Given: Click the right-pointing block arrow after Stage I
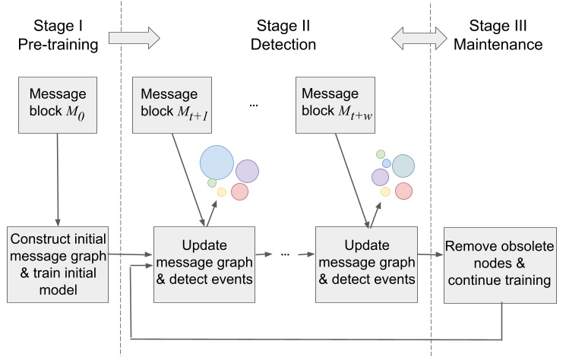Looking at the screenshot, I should click(x=134, y=35).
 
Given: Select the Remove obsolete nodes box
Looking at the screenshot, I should click(x=500, y=264).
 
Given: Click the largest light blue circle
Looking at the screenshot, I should click(x=216, y=161).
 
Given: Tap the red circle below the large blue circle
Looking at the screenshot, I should click(x=239, y=191).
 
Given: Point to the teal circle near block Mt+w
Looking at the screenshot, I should click(x=403, y=166).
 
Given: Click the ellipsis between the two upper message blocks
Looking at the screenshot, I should click(x=254, y=106).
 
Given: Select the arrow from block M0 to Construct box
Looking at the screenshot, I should click(x=58, y=178).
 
